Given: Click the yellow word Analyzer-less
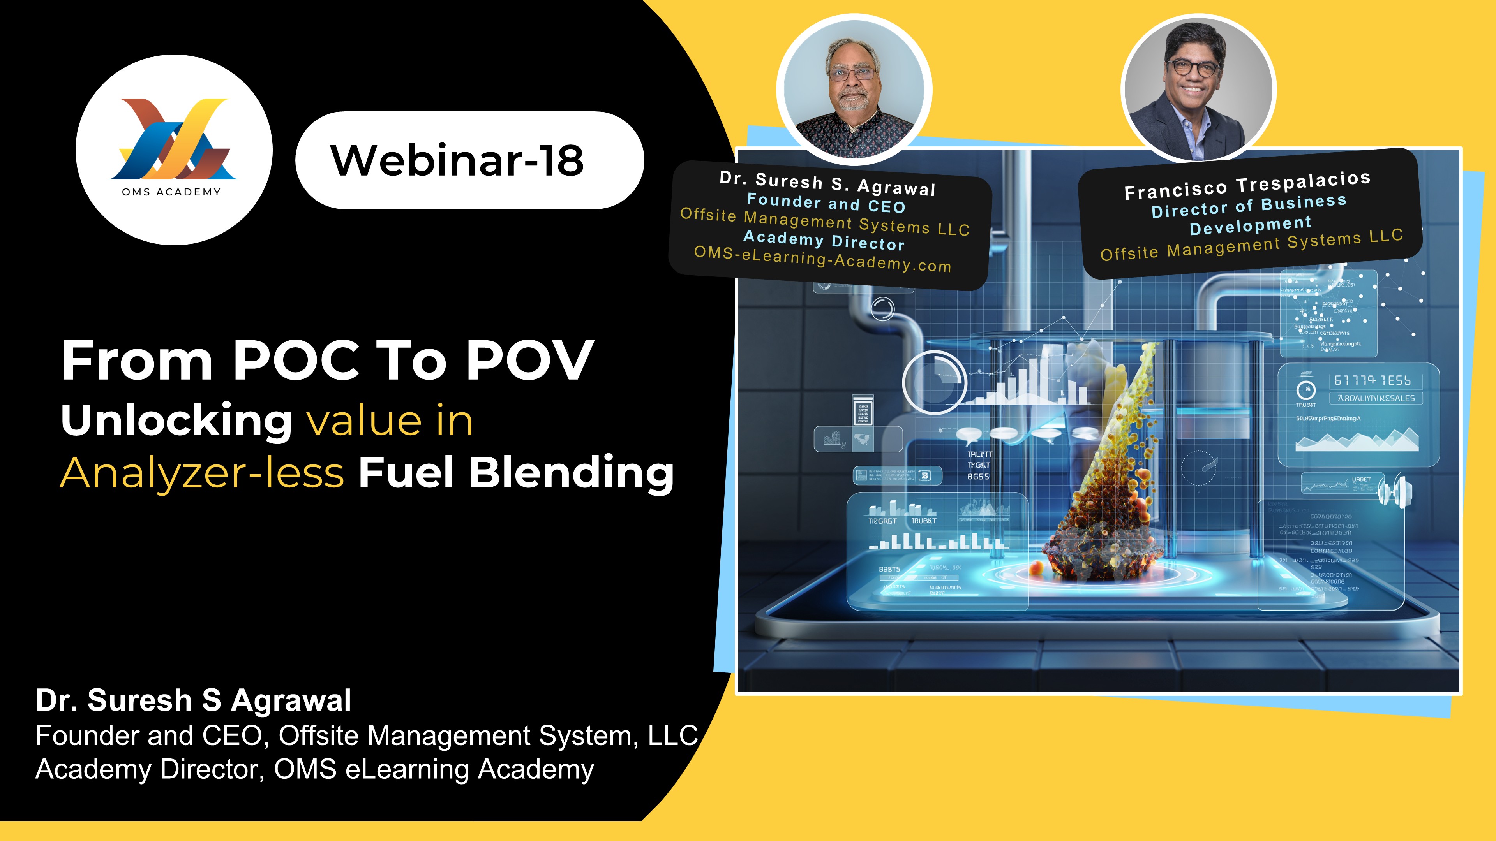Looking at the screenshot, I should pos(202,473).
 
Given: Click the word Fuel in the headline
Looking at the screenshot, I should pos(405,473).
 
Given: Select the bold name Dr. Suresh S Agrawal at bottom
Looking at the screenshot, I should pos(193,700).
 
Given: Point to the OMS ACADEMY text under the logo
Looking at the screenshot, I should pos(171,192).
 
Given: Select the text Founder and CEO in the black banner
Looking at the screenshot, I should pos(826,203).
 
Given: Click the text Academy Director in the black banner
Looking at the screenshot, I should pos(824,240).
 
